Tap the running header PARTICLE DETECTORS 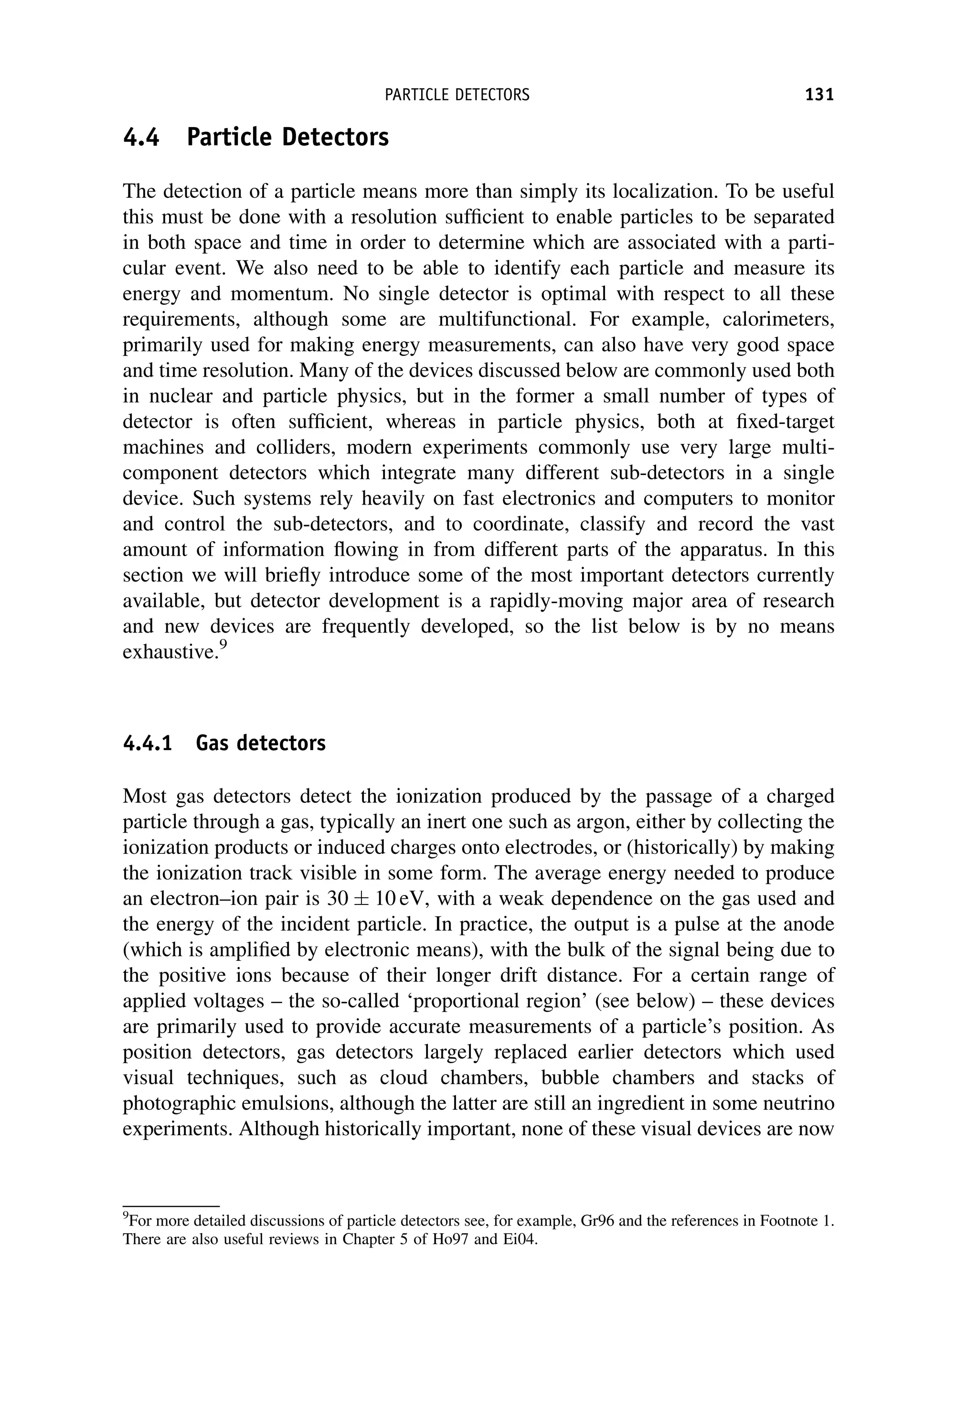tap(457, 95)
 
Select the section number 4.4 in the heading tap(141, 137)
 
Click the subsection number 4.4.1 tap(148, 743)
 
